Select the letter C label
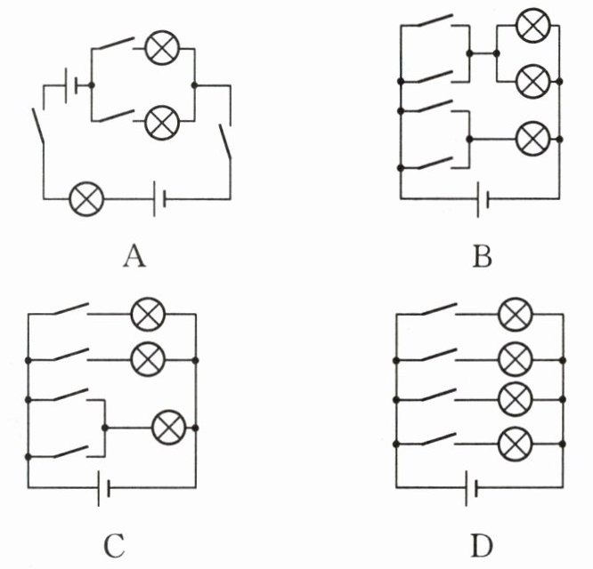pyautogui.click(x=114, y=546)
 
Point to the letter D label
pyautogui.click(x=483, y=546)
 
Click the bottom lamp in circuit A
pyautogui.click(x=86, y=198)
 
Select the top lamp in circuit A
pyautogui.click(x=162, y=48)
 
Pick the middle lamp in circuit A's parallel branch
pyautogui.click(x=162, y=123)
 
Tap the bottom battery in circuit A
pyautogui.click(x=158, y=199)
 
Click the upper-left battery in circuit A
pyautogui.click(x=71, y=85)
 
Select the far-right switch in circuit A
pyautogui.click(x=224, y=140)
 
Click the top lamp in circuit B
pyautogui.click(x=533, y=25)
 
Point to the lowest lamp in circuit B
pyautogui.click(x=533, y=139)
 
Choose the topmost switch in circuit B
pyautogui.click(x=435, y=20)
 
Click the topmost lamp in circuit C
pyautogui.click(x=148, y=314)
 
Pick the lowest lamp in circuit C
pyautogui.click(x=169, y=427)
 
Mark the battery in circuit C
pyautogui.click(x=103, y=488)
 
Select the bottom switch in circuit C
pyautogui.click(x=70, y=452)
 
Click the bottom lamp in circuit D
pyautogui.click(x=516, y=444)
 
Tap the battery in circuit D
pyautogui.click(x=472, y=488)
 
